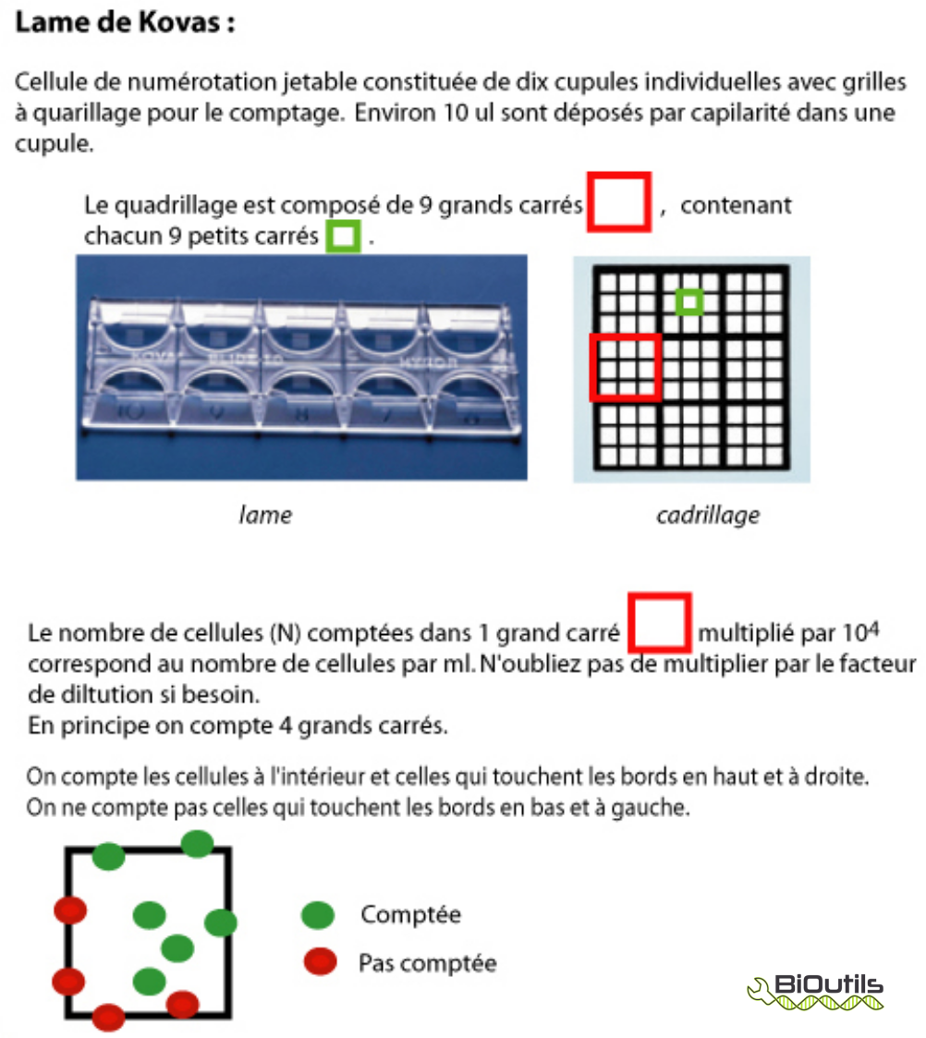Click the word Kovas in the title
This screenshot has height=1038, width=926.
pyautogui.click(x=177, y=22)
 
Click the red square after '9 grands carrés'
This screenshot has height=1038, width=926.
pyautogui.click(x=619, y=201)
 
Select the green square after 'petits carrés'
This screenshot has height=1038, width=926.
pyautogui.click(x=343, y=236)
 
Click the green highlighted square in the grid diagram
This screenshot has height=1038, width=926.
pyautogui.click(x=689, y=302)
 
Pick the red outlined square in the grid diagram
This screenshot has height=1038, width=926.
pyautogui.click(x=626, y=367)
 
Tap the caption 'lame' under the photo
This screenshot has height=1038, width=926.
pyautogui.click(x=265, y=514)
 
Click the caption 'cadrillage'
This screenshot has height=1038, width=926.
pyautogui.click(x=708, y=515)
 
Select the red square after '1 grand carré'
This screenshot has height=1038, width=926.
pyautogui.click(x=660, y=623)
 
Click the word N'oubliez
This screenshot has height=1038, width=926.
pyautogui.click(x=526, y=664)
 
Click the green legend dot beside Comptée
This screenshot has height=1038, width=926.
pyautogui.click(x=318, y=914)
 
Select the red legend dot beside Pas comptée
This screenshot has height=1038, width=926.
pyautogui.click(x=320, y=961)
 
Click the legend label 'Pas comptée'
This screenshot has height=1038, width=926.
pyautogui.click(x=427, y=963)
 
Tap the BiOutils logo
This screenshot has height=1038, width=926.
pyautogui.click(x=815, y=992)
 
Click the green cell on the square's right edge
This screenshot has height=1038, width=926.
pyautogui.click(x=221, y=922)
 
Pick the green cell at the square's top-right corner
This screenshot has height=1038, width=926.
pyautogui.click(x=197, y=844)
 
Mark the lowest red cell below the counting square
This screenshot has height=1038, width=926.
pyautogui.click(x=108, y=1017)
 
